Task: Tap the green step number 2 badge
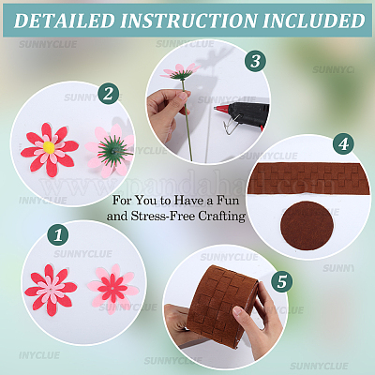pyautogui.click(x=110, y=93)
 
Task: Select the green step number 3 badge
pyautogui.click(x=253, y=62)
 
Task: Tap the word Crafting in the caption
pyautogui.click(x=224, y=215)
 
